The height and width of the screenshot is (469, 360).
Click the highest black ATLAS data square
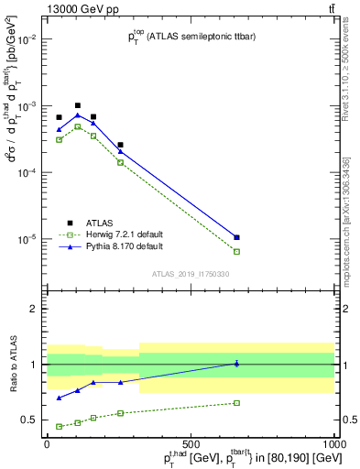[78, 105]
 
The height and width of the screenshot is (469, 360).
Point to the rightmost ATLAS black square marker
[236, 237]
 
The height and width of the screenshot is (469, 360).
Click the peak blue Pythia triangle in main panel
[78, 115]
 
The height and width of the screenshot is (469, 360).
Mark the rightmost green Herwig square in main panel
[236, 251]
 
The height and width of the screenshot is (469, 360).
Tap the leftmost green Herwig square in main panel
[59, 139]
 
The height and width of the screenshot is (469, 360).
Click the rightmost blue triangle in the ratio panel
[236, 364]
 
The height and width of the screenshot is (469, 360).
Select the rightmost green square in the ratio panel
[236, 403]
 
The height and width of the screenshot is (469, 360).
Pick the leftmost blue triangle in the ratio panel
[59, 398]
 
